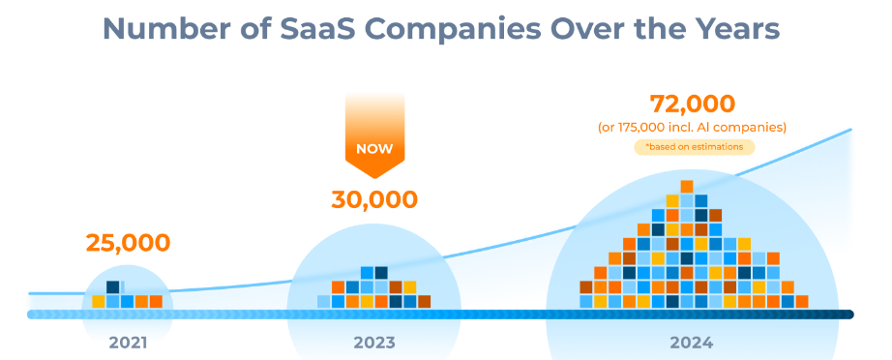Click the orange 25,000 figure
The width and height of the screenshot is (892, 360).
[x=128, y=242]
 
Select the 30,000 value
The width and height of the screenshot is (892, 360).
[x=374, y=200]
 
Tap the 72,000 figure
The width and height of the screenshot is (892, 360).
[x=692, y=104]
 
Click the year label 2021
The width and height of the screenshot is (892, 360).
[x=128, y=342]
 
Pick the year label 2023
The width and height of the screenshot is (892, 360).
[x=374, y=342]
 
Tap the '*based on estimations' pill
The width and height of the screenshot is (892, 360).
[x=693, y=147]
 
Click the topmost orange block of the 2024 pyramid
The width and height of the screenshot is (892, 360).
[x=687, y=186]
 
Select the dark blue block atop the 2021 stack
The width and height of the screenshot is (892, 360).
[x=113, y=287]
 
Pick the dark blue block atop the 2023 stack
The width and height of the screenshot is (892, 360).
[x=381, y=273]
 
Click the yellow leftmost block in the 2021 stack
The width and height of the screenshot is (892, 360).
[x=99, y=301]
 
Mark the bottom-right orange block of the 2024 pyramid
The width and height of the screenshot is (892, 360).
[x=801, y=301]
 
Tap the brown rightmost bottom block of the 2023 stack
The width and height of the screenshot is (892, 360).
[x=424, y=301]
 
